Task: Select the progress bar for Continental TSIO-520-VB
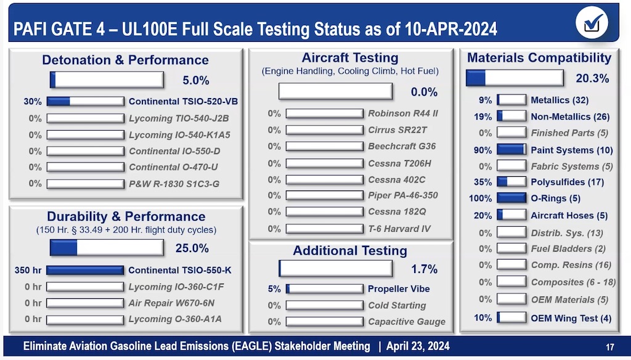[85, 102]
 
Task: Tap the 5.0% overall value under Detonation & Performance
[195, 80]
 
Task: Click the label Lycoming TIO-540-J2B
[179, 118]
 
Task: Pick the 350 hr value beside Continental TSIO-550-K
[28, 270]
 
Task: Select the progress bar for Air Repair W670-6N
[85, 303]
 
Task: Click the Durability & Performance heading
[126, 217]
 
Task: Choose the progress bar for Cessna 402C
[325, 180]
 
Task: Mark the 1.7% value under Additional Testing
[424, 269]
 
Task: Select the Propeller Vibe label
[399, 288]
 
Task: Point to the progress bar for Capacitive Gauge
[325, 322]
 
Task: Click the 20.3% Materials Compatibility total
[592, 78]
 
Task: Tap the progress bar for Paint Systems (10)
[511, 150]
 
